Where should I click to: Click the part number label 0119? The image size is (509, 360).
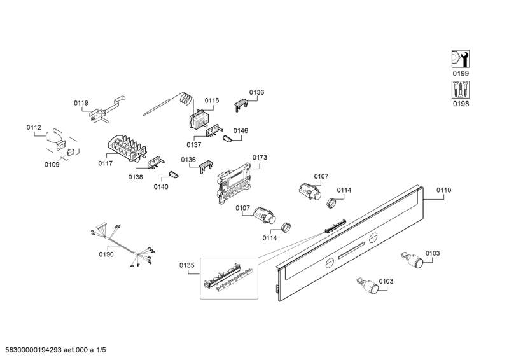coord(81,103)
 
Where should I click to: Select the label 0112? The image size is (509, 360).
coord(33,128)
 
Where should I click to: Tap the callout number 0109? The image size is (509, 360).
coord(52,165)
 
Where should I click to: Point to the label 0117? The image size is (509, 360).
coord(106,163)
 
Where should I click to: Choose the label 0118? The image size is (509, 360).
coord(211,100)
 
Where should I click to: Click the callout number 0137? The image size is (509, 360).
coord(194,144)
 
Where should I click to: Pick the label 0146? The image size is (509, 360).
coord(241,130)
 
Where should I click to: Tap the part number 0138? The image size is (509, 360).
coord(136,177)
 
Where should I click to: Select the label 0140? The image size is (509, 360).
coord(161,186)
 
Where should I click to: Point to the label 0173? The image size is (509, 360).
coord(260,157)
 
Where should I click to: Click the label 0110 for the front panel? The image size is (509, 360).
coord(443,190)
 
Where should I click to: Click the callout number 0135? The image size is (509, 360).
coord(186,265)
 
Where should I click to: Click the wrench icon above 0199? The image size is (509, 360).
coord(459,59)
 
